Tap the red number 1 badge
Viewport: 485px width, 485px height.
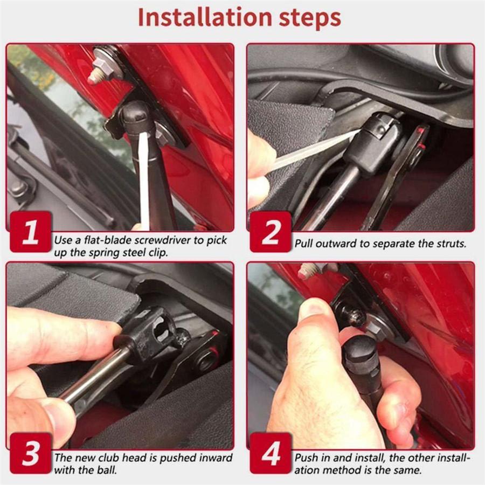[x=31, y=232]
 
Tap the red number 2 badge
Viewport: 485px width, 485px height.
[x=271, y=232]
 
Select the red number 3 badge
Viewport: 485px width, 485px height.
[x=31, y=453]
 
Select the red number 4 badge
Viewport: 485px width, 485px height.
[x=271, y=453]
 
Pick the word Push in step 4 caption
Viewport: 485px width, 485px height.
[x=306, y=458]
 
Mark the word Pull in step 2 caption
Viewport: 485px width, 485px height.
[x=304, y=244]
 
